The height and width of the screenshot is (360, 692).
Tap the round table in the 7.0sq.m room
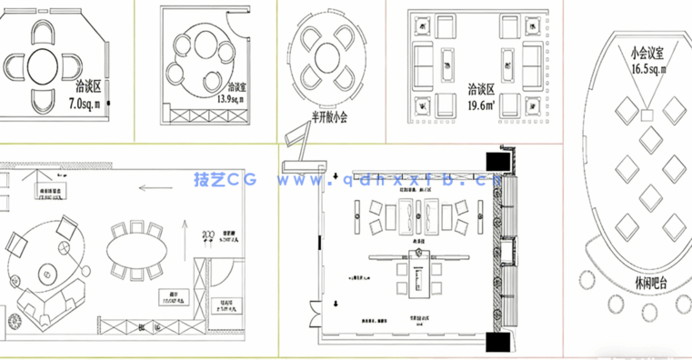pos(44,65)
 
